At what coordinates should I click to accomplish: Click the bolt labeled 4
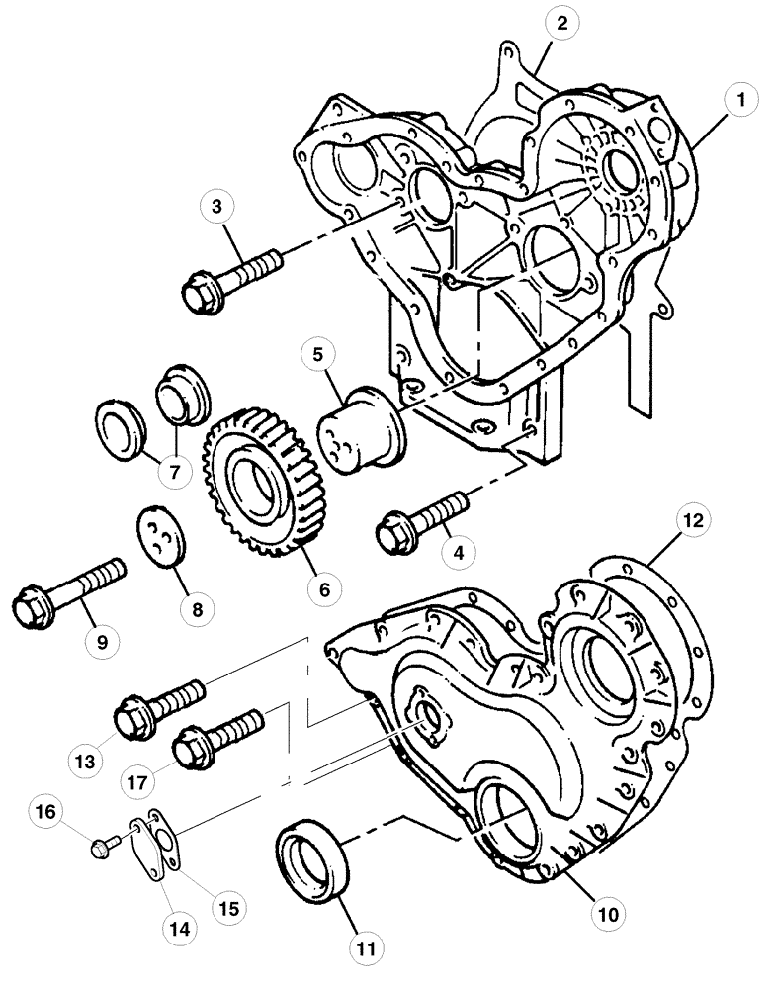pyautogui.click(x=419, y=521)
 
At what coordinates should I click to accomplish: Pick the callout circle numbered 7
pyautogui.click(x=174, y=471)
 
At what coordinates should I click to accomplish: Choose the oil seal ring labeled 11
pyautogui.click(x=314, y=866)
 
